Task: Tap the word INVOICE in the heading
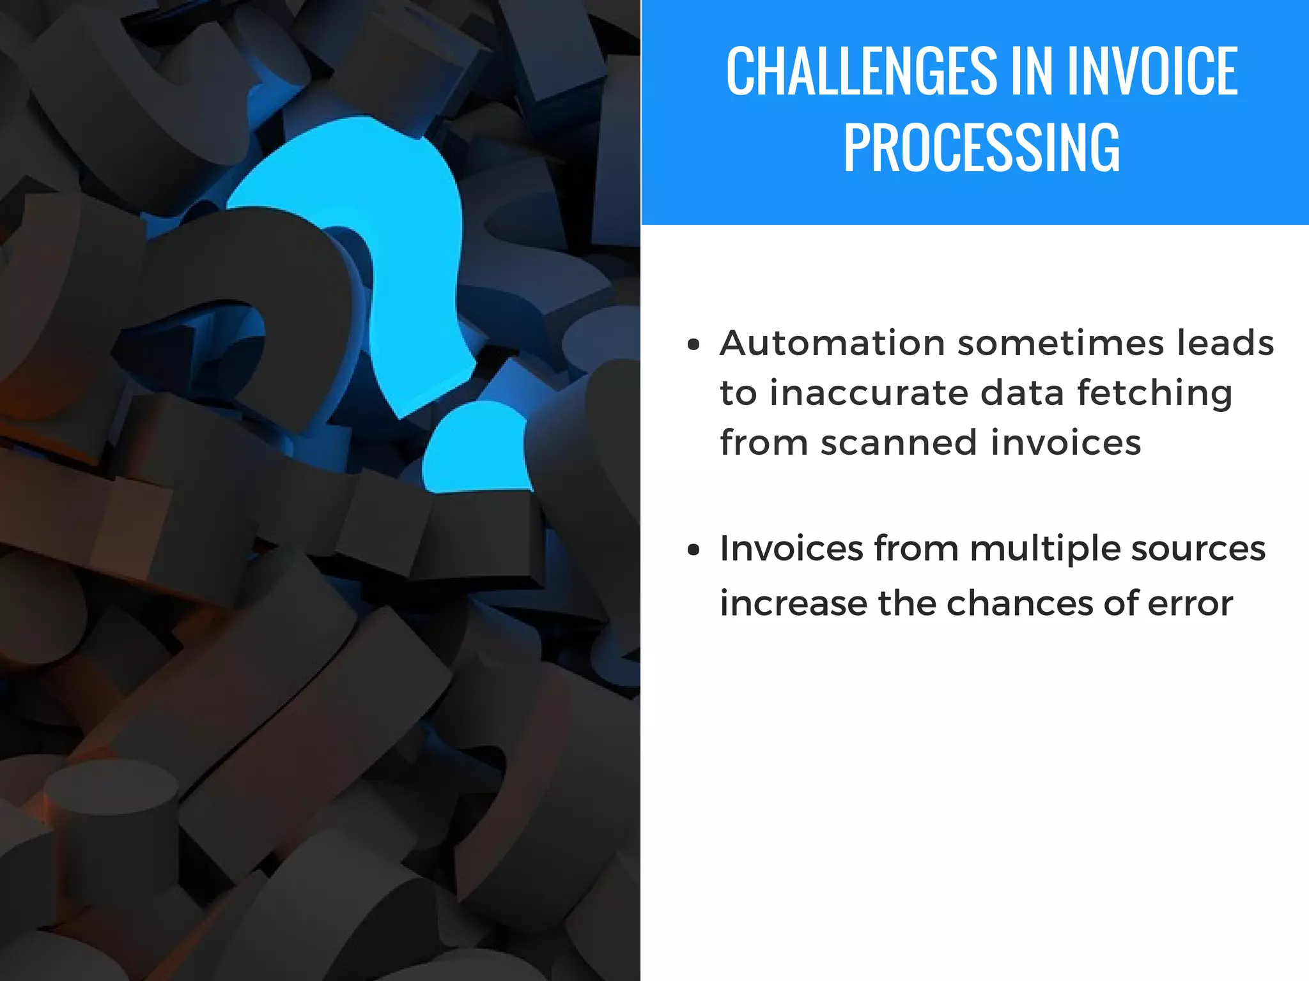(x=1152, y=72)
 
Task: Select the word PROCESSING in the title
(x=981, y=148)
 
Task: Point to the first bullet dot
(x=693, y=346)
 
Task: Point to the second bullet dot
(x=693, y=550)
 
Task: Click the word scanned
(x=899, y=443)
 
